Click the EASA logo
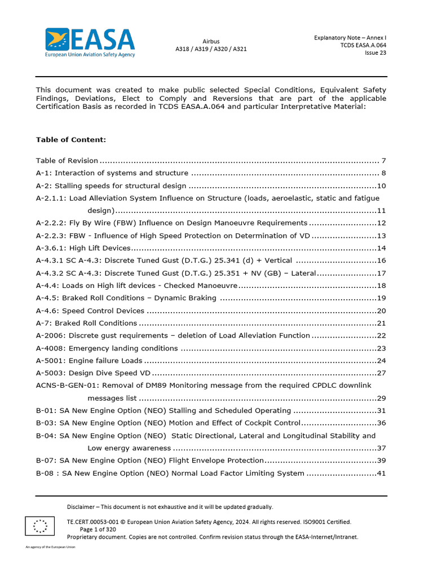[x=90, y=42]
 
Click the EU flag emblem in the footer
[x=40, y=525]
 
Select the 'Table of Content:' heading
[x=71, y=140]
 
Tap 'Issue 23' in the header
[x=375, y=53]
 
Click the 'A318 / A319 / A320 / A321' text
[x=211, y=49]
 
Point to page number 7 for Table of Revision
[x=383, y=161]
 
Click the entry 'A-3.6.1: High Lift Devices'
[x=83, y=248]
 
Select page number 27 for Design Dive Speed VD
[x=381, y=373]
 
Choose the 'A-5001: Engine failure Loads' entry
[x=89, y=361]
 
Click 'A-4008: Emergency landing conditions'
[x=107, y=348]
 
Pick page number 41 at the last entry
[x=381, y=473]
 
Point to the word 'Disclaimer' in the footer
[x=81, y=507]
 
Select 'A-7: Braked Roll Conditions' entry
[x=86, y=323]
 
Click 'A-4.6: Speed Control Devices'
[x=90, y=311]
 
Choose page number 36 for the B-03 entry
[x=381, y=423]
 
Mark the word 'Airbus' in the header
[x=211, y=41]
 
